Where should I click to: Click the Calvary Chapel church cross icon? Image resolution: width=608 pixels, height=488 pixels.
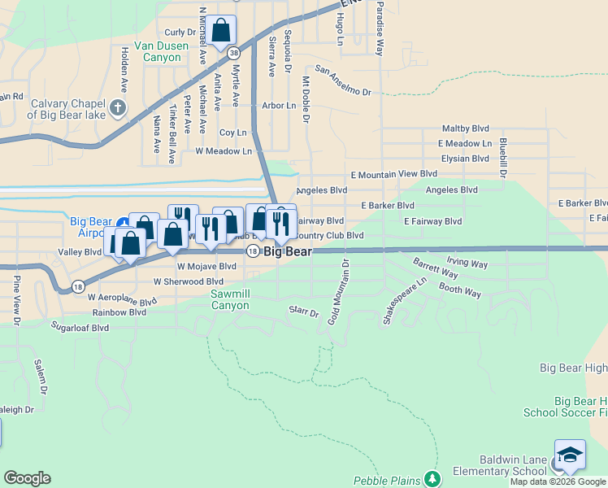click(118, 107)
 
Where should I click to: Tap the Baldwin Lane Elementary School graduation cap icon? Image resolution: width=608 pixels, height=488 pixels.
click(570, 455)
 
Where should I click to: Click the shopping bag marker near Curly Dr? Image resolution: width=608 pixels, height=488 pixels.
click(221, 32)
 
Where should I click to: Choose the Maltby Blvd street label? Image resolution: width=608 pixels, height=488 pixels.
click(465, 129)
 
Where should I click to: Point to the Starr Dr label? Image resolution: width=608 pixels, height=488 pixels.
click(304, 311)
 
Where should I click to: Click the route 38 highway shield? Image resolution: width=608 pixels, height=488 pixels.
click(234, 53)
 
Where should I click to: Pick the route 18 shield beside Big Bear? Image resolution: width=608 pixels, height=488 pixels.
click(253, 251)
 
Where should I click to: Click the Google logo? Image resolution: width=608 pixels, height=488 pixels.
click(27, 477)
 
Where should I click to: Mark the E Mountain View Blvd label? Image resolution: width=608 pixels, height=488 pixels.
click(394, 174)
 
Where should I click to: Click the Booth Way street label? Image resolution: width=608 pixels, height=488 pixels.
click(460, 290)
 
